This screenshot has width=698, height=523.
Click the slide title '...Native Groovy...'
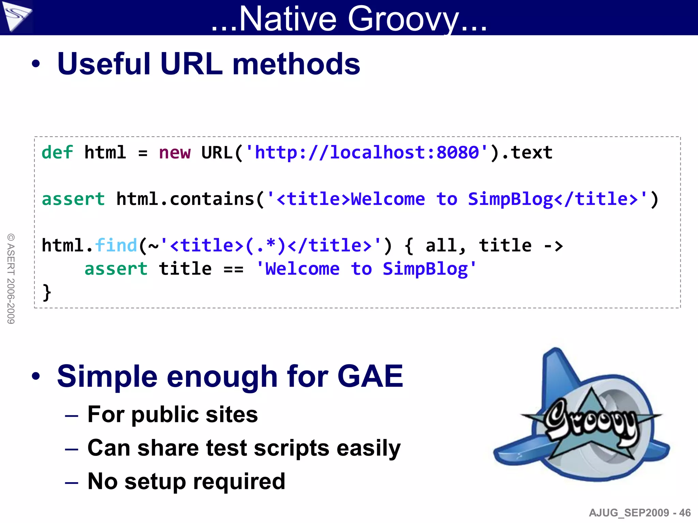click(349, 18)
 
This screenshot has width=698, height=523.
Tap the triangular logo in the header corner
click(16, 16)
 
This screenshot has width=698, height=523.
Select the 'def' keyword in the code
click(57, 152)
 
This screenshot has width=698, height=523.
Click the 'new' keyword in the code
click(174, 153)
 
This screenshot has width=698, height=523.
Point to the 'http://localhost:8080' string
click(366, 152)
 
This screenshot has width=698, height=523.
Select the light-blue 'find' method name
click(116, 245)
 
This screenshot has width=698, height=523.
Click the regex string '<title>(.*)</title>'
click(271, 245)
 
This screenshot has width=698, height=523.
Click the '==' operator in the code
click(233, 269)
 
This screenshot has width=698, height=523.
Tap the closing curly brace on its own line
click(47, 292)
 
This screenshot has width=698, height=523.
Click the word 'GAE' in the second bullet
click(370, 376)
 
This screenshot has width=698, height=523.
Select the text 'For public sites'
click(172, 414)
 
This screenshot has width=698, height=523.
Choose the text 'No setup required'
click(186, 481)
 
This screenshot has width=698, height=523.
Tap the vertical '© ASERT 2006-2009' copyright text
click(11, 279)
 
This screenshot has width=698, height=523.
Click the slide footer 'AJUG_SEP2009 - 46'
click(639, 512)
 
